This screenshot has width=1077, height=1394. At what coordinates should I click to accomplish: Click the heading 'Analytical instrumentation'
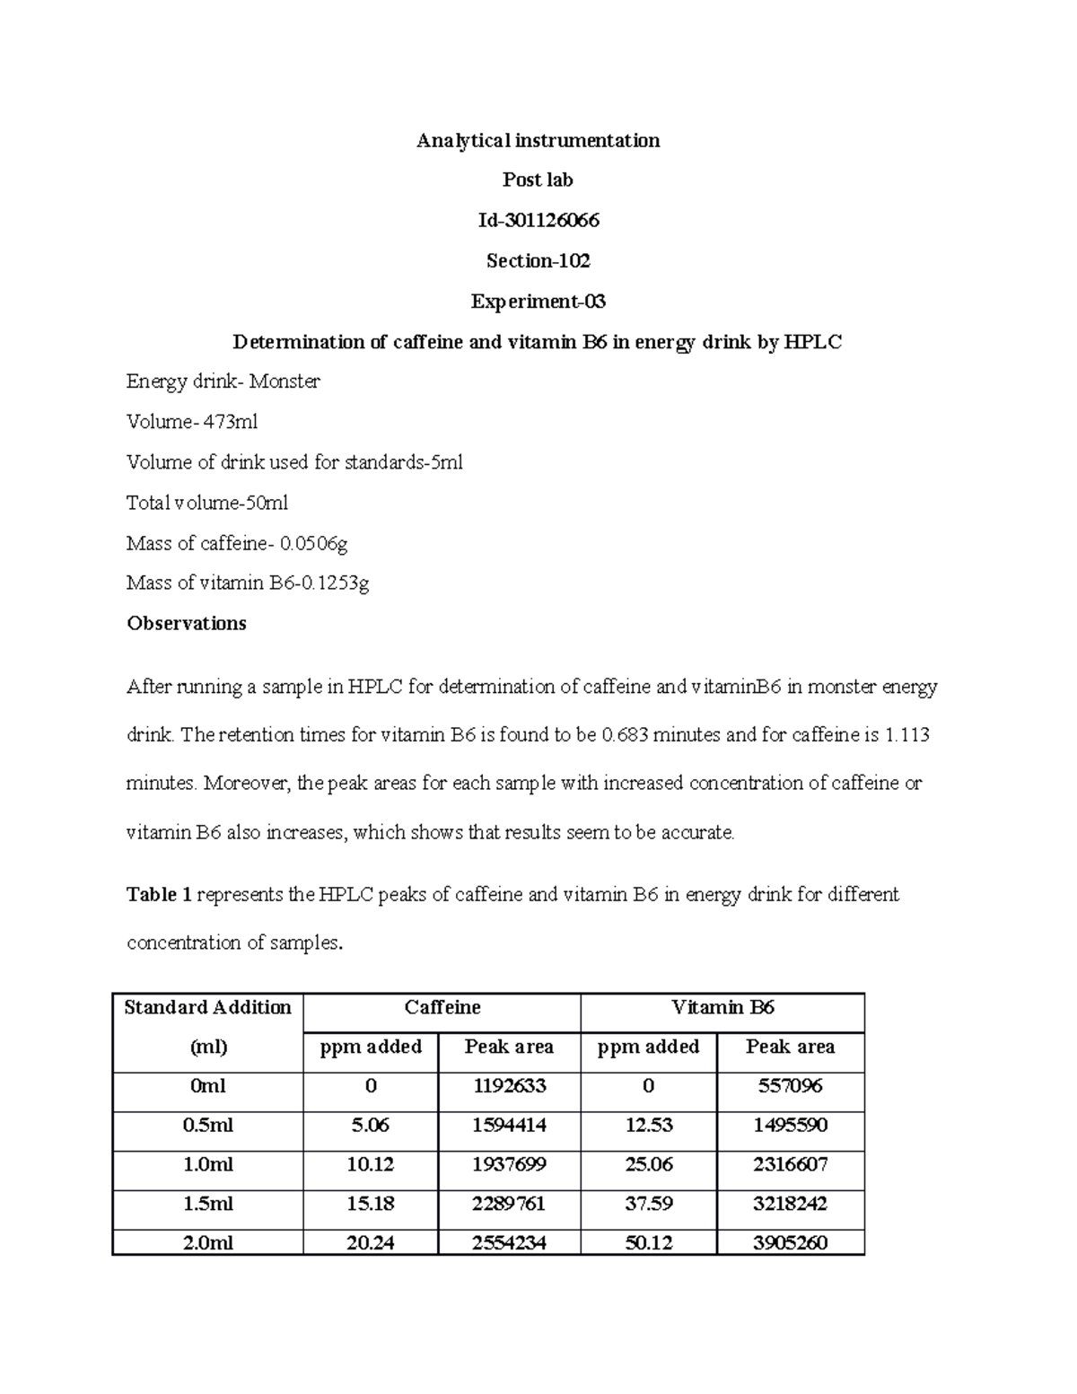538,140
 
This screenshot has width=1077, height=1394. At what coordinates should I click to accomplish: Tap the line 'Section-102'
538,260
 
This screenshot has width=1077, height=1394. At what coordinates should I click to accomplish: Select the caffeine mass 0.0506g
313,543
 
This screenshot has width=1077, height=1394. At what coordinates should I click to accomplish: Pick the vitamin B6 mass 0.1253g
333,583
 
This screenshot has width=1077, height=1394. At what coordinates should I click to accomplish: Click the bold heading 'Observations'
186,624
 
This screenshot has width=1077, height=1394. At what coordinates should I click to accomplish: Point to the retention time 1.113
906,735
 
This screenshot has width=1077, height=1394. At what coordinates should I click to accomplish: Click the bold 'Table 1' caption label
159,895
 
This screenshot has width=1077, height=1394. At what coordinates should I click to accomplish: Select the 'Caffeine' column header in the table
442,1008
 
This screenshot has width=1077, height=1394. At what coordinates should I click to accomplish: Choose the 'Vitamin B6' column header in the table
722,1008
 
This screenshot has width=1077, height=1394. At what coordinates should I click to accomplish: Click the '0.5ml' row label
207,1126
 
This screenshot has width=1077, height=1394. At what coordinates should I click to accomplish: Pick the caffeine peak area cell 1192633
509,1086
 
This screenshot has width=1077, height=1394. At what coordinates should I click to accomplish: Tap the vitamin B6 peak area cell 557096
790,1086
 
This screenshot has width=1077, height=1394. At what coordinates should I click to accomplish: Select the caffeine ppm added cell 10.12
370,1165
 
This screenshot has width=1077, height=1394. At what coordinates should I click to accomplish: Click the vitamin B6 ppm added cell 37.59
648,1204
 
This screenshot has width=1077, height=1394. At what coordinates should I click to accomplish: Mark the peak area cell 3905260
790,1243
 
